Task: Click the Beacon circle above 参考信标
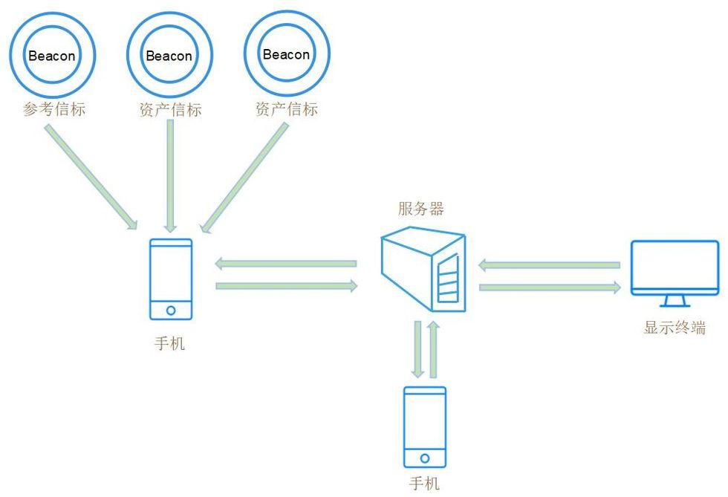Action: point(52,55)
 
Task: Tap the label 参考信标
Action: point(54,110)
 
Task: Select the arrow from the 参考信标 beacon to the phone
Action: point(91,176)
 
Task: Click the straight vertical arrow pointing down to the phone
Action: point(170,175)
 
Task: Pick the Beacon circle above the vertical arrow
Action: point(169,55)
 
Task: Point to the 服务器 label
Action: point(420,209)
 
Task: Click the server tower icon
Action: point(423,271)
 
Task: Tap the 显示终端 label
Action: point(674,328)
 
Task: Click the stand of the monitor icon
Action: point(675,301)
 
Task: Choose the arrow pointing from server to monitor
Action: point(550,288)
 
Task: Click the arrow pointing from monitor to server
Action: point(550,264)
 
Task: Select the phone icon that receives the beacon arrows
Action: point(171,279)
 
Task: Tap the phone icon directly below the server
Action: point(424,426)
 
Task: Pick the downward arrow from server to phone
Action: point(417,348)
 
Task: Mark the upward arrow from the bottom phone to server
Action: point(435,348)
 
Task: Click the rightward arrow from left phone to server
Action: point(286,286)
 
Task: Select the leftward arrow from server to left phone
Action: point(286,263)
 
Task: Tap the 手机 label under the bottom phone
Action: point(424,484)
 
